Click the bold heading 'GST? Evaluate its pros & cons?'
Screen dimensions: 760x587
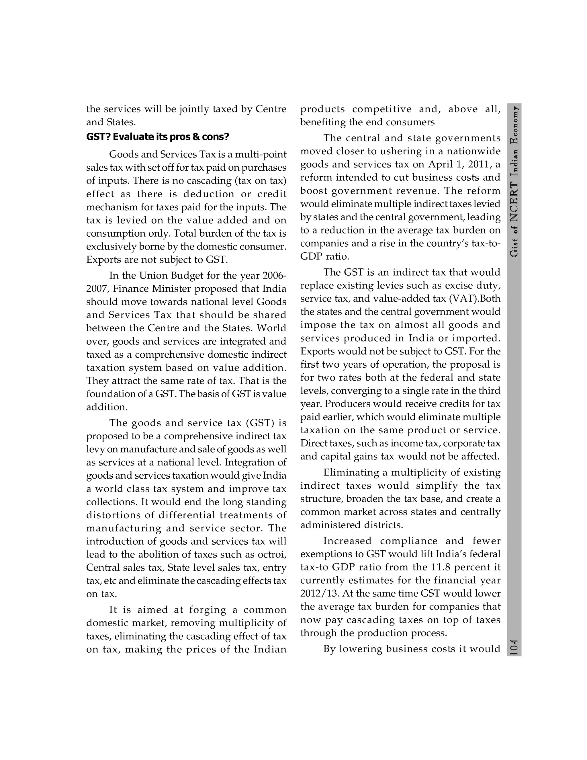click(158, 137)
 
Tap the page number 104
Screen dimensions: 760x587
click(514, 648)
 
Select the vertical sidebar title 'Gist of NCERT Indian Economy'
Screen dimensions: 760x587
click(514, 181)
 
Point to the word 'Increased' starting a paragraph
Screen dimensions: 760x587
click(347, 541)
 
